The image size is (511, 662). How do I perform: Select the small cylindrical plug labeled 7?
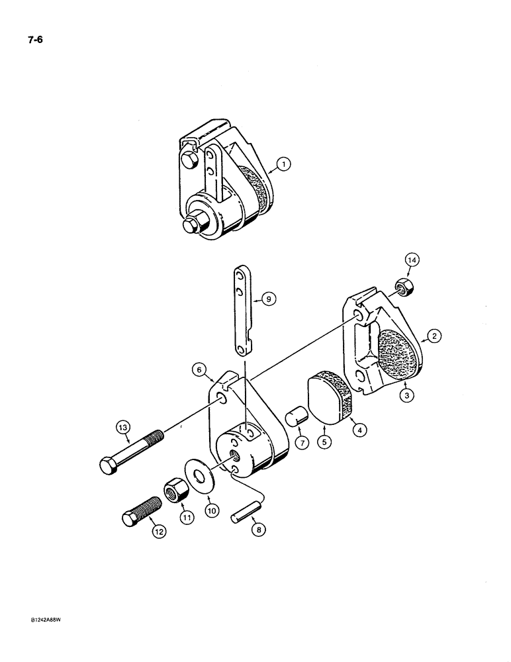click(x=295, y=420)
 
